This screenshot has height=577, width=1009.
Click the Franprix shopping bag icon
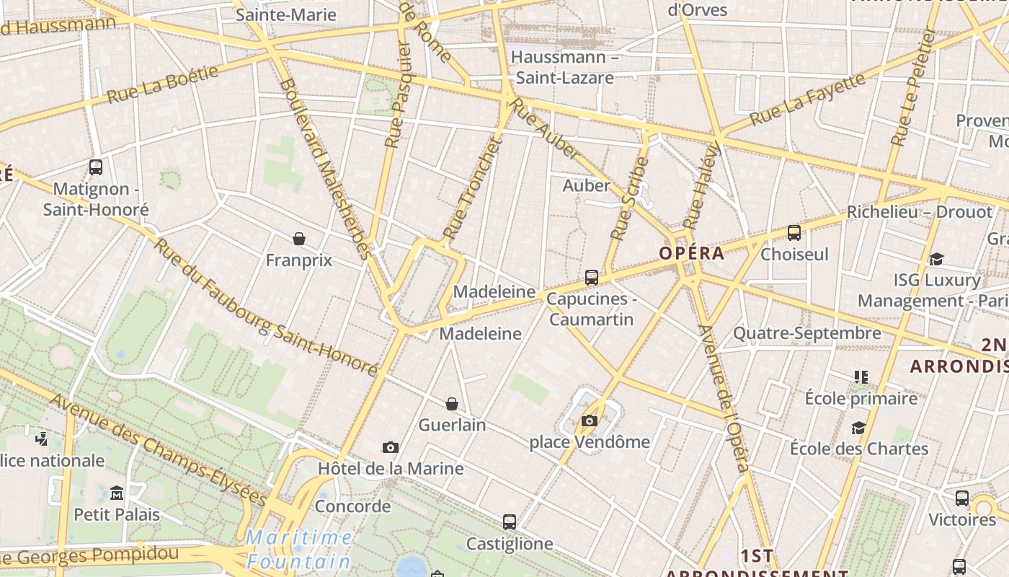click(299, 239)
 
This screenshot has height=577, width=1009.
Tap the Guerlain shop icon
click(452, 404)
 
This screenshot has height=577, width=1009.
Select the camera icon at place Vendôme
click(590, 420)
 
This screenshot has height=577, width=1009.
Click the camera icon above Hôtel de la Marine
click(391, 448)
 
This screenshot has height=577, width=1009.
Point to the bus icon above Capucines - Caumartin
click(592, 277)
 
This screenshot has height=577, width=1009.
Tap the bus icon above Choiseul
click(794, 233)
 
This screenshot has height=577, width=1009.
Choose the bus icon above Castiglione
click(510, 522)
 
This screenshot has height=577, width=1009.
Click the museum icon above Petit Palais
click(117, 493)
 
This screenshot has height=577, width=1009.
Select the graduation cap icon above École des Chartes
click(858, 428)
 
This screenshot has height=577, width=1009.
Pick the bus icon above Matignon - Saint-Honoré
click(96, 167)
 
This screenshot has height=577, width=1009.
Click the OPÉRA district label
click(691, 253)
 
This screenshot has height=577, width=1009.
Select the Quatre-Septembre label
click(806, 333)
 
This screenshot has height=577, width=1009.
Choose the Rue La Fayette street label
click(807, 99)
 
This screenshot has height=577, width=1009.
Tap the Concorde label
click(353, 506)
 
